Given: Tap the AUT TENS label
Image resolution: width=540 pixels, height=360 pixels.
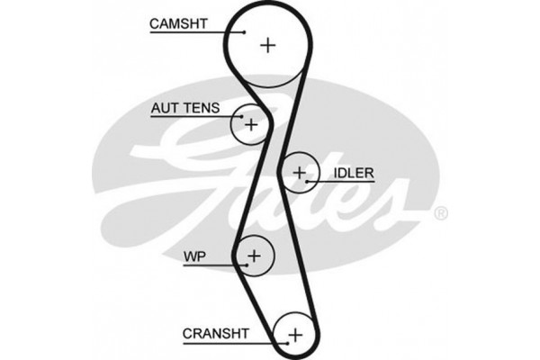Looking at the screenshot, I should pyautogui.click(x=185, y=107).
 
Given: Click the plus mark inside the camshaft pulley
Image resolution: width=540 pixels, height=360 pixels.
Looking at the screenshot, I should pyautogui.click(x=267, y=44).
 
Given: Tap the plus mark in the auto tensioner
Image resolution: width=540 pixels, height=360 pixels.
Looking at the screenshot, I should pyautogui.click(x=251, y=123).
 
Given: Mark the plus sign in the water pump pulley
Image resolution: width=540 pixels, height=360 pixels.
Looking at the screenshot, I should pyautogui.click(x=255, y=256).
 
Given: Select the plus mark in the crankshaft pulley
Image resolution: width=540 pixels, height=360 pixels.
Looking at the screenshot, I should pyautogui.click(x=293, y=335).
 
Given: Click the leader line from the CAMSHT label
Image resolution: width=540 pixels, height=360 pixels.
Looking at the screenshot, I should pyautogui.click(x=198, y=32).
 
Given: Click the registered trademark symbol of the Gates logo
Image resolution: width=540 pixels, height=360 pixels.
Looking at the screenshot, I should pyautogui.click(x=440, y=214).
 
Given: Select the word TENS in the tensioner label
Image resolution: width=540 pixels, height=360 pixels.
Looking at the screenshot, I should pyautogui.click(x=202, y=107).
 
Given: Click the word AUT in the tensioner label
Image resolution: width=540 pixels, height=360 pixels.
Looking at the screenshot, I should pyautogui.click(x=165, y=107).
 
